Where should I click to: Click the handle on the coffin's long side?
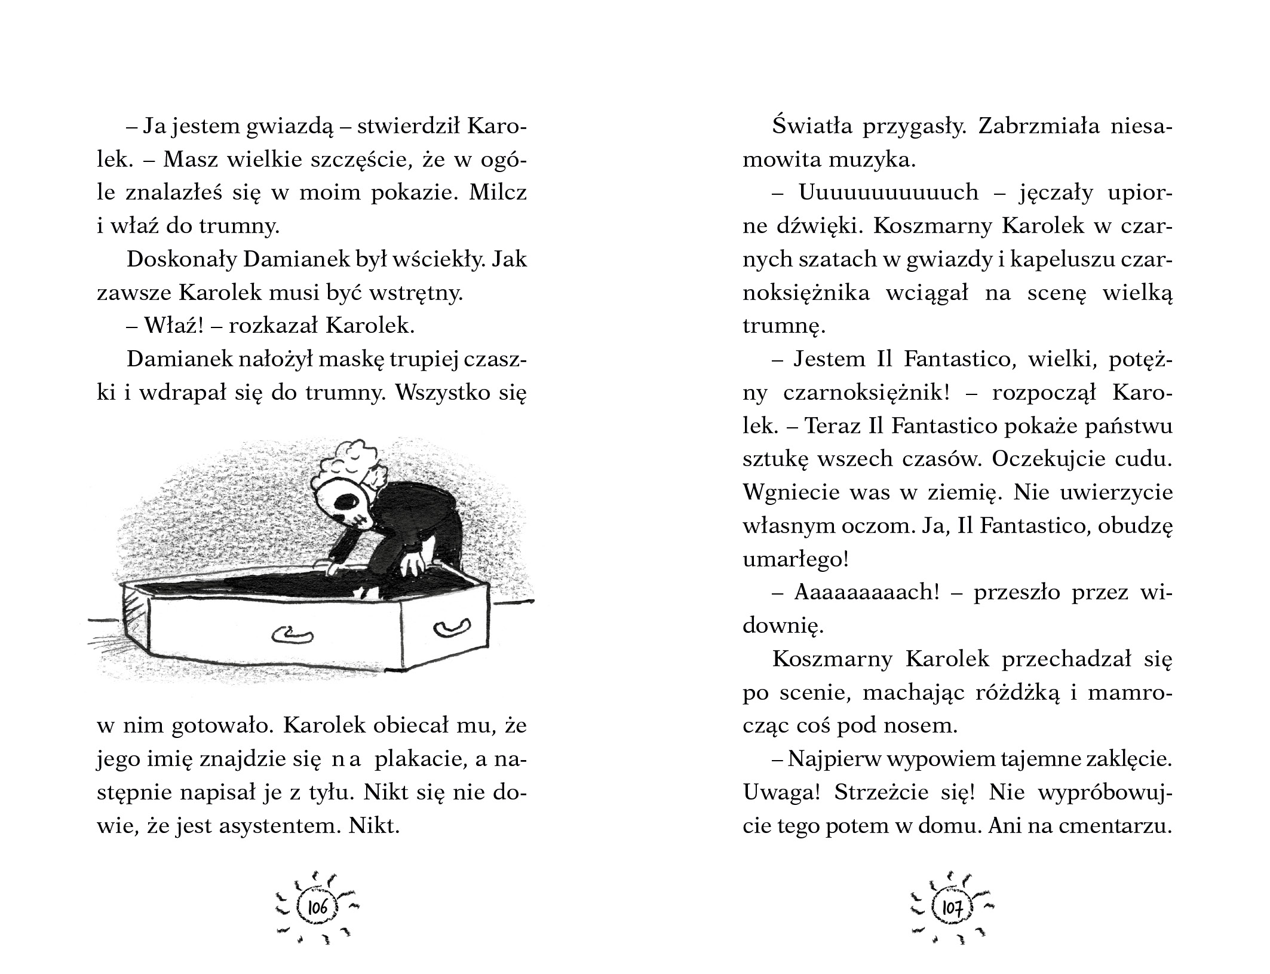[292, 634]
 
